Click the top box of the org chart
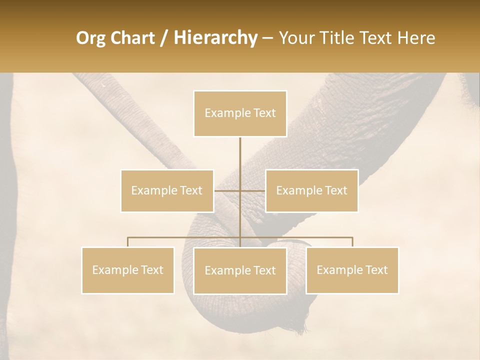(x=240, y=113)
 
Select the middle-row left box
(x=167, y=190)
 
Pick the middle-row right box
(x=312, y=190)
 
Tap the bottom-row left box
(x=128, y=270)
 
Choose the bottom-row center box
(x=240, y=270)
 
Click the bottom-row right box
(x=352, y=270)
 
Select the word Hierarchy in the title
(x=215, y=38)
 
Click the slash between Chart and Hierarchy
(x=164, y=38)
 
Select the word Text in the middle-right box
(x=336, y=190)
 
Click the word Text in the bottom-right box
(x=376, y=270)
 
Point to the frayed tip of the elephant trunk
(x=300, y=327)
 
